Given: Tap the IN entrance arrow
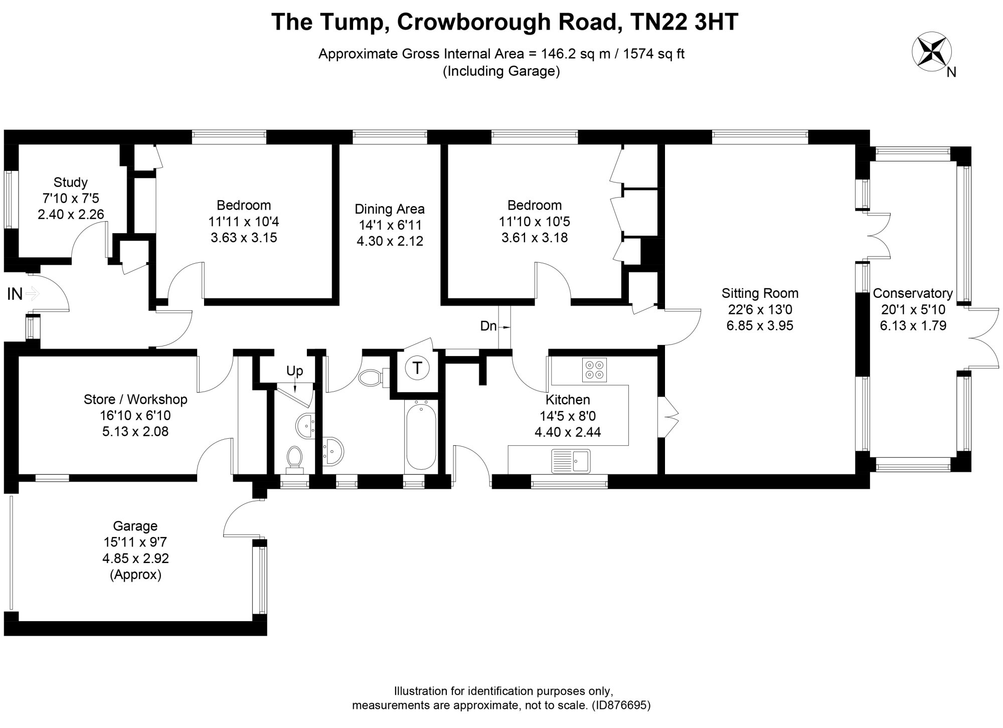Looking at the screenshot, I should coord(32,293).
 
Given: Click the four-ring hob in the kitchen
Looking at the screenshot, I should coord(594,370).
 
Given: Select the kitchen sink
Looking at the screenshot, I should coord(571,461).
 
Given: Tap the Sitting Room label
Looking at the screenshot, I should coord(760,293).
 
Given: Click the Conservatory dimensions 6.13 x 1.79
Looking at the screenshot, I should coord(913,326).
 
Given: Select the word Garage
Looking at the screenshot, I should coord(135,526).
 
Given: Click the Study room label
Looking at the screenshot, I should coord(71,182).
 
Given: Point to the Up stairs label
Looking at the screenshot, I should coord(295,371).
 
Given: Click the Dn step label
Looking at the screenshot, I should coord(488,326).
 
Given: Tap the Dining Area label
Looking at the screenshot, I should coord(390,209).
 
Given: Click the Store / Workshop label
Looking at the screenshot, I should coord(135,400).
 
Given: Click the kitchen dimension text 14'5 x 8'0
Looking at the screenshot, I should coord(568,416).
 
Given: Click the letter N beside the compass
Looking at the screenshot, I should coord(951,73).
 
